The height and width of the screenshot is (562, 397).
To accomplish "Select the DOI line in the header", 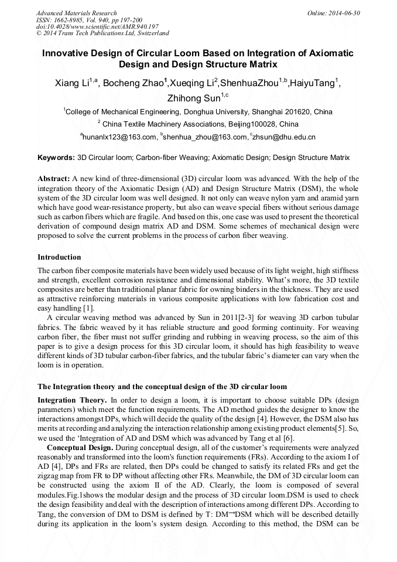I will (97, 27).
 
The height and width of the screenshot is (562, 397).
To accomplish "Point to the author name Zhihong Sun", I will (193, 98).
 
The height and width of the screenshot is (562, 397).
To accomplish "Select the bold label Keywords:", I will (56, 158).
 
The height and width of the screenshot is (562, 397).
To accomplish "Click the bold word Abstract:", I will (54, 178).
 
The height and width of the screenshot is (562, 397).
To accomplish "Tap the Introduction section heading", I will (59, 257).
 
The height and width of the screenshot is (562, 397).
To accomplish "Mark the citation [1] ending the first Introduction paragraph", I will (88, 309).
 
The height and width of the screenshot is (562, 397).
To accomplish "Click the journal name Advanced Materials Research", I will (76, 13).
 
